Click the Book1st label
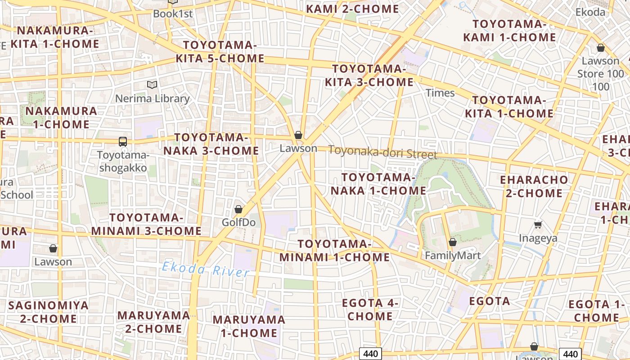[172, 13]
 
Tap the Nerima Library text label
[153, 99]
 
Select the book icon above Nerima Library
[152, 85]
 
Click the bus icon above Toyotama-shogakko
[122, 141]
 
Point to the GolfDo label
[238, 222]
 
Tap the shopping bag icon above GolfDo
[238, 209]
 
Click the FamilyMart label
[453, 256]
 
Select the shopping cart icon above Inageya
[538, 224]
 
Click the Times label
[440, 93]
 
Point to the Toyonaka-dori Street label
[382, 152]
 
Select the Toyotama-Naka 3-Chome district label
[211, 144]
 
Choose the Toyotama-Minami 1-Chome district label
[334, 251]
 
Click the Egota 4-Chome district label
[370, 309]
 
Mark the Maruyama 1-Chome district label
[248, 326]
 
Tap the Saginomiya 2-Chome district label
[49, 312]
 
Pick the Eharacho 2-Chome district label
[534, 186]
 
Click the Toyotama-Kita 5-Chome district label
[220, 52]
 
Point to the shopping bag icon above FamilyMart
[453, 242]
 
